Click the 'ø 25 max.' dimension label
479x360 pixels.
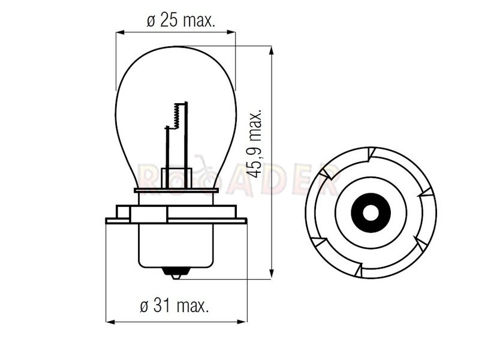click(x=180, y=22)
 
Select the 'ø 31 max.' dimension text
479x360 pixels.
click(x=175, y=306)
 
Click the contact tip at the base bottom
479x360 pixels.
click(x=176, y=275)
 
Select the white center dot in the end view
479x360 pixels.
click(x=370, y=212)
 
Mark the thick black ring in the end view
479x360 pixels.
click(x=370, y=212)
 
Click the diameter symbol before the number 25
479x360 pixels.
click(x=150, y=22)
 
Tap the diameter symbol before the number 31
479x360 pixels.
click(x=144, y=307)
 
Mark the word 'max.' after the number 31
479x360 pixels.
click(x=193, y=307)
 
